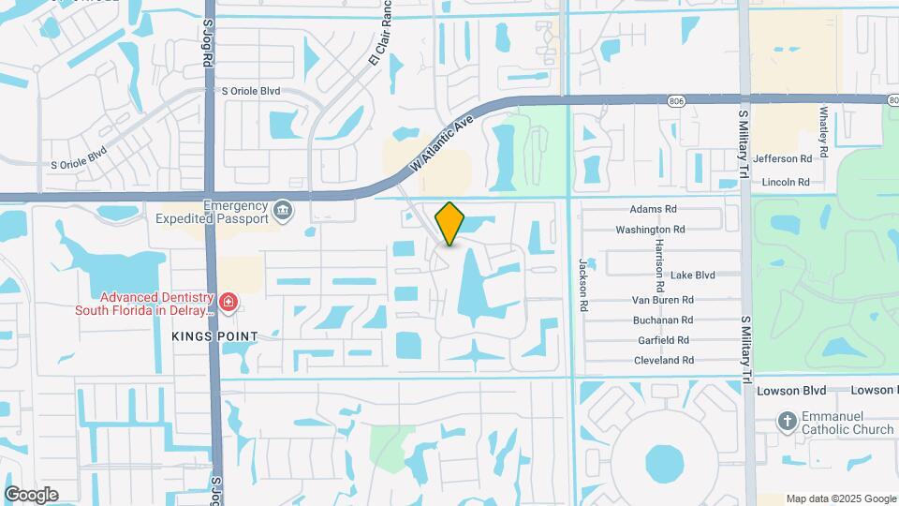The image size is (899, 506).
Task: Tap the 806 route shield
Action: [x=677, y=100]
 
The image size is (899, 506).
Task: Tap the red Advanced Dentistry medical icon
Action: [x=228, y=302]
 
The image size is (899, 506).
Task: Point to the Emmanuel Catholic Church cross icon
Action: [x=787, y=421]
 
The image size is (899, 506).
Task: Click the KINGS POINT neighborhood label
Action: [x=214, y=335]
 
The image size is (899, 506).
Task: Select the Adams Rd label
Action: [x=654, y=210]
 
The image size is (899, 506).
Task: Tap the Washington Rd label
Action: [x=650, y=230]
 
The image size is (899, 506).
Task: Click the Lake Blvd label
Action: [x=693, y=275]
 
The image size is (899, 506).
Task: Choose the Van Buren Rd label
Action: [x=662, y=300]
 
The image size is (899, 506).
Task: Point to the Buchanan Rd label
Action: [x=662, y=320]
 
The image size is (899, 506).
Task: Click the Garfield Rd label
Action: [x=661, y=340]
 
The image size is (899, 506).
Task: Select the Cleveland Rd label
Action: [x=664, y=360]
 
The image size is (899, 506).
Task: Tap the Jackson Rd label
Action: [x=582, y=278]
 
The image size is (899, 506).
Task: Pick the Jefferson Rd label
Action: [x=782, y=159]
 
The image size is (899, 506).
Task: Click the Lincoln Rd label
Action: [x=786, y=182]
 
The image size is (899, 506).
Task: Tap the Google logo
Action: [x=32, y=495]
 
